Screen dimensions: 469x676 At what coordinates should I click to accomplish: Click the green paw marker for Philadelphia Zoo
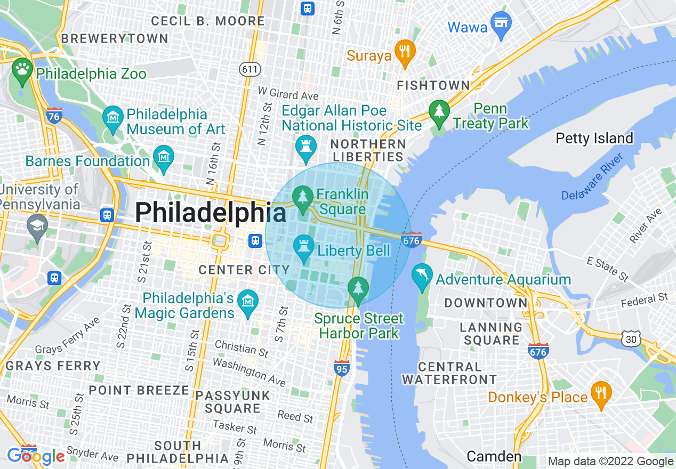22,71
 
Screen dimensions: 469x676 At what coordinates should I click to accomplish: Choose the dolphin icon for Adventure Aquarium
422,277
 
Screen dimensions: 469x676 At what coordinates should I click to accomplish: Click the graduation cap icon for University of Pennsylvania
37,227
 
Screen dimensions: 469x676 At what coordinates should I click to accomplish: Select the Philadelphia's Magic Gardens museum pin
247,303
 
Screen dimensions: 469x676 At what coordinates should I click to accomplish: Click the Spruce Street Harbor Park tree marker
359,289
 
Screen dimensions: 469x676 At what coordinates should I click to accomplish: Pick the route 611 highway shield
249,69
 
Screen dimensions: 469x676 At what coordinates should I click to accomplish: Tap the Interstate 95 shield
342,368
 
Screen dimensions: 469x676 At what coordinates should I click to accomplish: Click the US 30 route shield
631,338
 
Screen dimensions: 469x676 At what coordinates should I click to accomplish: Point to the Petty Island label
594,139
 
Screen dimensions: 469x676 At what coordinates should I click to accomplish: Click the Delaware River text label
592,177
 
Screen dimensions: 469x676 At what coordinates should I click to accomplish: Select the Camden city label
494,456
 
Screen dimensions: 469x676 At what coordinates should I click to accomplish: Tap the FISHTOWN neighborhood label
433,85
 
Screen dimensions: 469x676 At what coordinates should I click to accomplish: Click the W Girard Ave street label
288,94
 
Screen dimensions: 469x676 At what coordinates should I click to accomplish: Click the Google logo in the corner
36,456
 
